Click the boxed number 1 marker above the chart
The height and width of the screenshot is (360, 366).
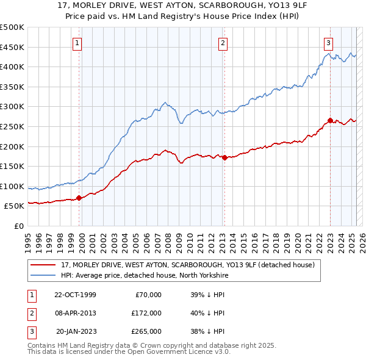(79, 43)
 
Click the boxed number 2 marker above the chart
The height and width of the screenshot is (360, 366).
(223, 43)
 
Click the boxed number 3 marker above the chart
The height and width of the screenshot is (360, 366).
(329, 43)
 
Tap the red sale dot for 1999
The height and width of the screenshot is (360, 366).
(79, 198)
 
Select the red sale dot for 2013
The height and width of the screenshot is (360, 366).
(224, 157)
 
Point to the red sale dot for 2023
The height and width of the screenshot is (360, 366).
(330, 121)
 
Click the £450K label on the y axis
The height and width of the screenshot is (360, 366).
(12, 47)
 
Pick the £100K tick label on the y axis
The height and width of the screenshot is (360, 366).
(12, 186)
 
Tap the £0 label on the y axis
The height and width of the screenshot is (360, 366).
(19, 226)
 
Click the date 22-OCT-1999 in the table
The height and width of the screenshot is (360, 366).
(75, 295)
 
